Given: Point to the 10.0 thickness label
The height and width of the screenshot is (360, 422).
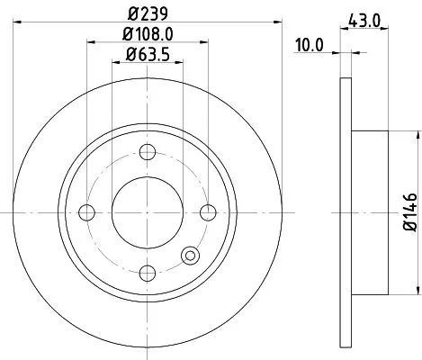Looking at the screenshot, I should (x=310, y=43).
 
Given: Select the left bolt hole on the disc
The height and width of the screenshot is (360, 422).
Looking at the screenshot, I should (x=87, y=212).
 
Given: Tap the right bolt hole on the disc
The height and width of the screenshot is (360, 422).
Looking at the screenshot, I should (x=209, y=212).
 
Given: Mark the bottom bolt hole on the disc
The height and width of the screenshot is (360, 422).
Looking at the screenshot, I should (x=148, y=273).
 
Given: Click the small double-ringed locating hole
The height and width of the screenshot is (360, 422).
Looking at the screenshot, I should (x=191, y=256).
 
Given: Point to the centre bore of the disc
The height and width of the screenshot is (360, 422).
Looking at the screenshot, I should (x=148, y=212).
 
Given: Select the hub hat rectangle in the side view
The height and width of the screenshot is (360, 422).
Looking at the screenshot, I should (x=369, y=212).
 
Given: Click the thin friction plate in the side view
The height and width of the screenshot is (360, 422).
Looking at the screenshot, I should (x=346, y=212).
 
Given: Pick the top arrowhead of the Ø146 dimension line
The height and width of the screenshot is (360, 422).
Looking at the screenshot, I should (x=417, y=134).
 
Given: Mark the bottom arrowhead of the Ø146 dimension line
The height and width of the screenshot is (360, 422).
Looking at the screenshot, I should (x=417, y=292).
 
